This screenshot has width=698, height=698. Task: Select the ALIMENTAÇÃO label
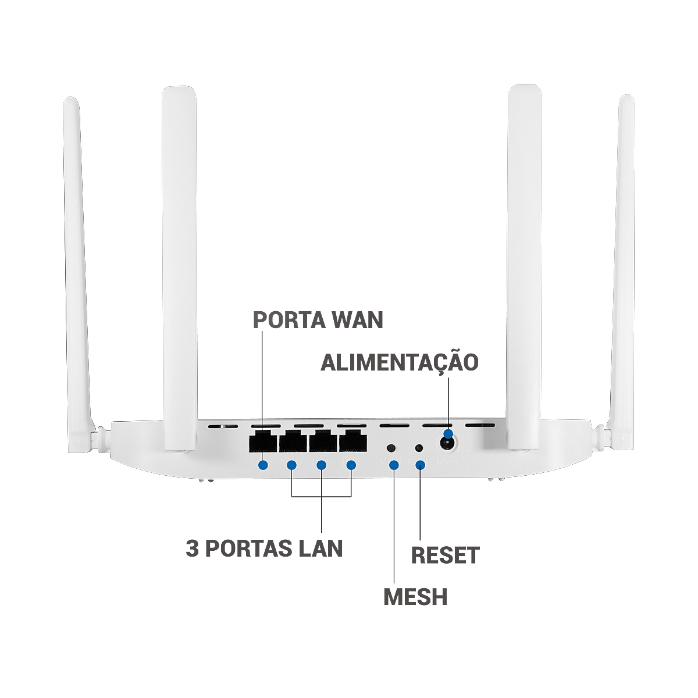[x=400, y=362]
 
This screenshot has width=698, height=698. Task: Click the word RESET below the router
[x=445, y=555]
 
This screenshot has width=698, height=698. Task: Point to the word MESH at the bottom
[x=415, y=597]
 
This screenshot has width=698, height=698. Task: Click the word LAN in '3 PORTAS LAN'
[x=320, y=549]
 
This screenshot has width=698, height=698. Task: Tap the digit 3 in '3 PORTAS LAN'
[x=192, y=549]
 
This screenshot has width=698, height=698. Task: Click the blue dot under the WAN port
[x=263, y=465]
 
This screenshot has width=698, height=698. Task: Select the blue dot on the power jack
[x=448, y=433]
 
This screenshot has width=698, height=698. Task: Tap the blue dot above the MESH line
[x=394, y=465]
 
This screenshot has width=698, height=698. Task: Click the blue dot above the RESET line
[x=420, y=465]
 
